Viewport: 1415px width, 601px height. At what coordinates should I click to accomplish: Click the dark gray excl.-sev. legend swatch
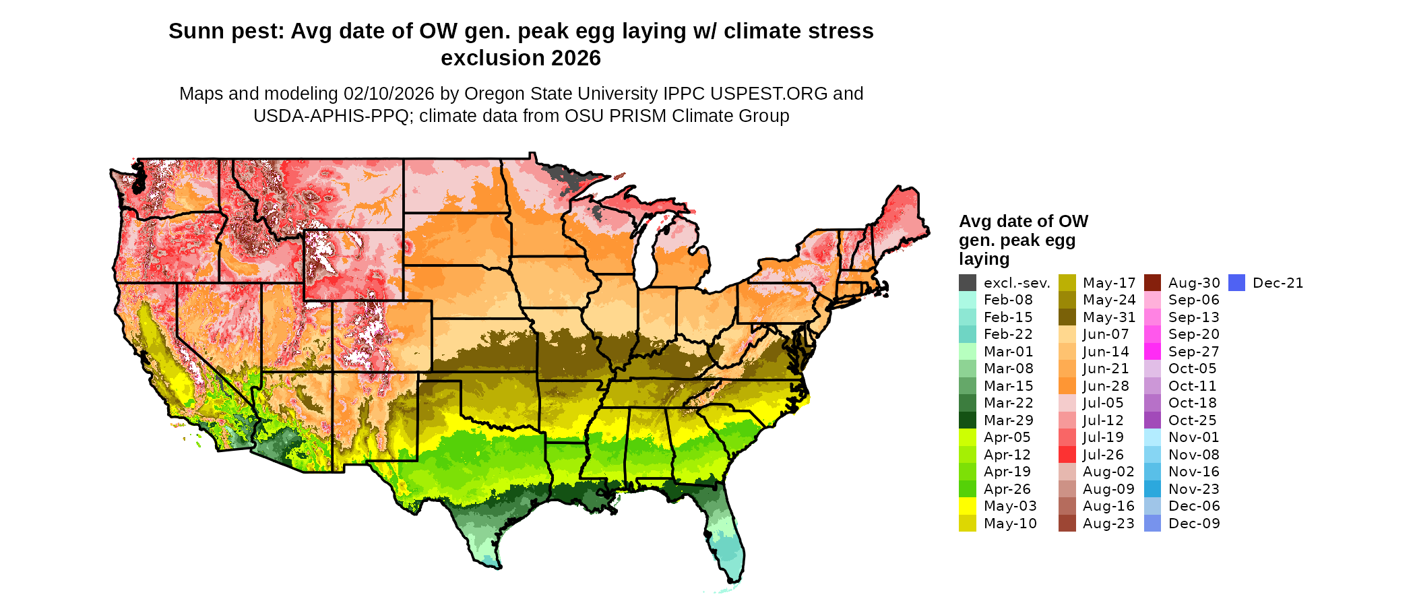pos(967,283)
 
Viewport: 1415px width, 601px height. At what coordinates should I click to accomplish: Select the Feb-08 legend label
pos(1007,300)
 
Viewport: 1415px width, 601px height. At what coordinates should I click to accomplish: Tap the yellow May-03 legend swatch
pos(967,506)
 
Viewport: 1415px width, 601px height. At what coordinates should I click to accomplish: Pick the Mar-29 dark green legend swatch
pos(967,420)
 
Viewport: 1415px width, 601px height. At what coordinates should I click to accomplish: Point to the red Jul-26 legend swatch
pos(1067,455)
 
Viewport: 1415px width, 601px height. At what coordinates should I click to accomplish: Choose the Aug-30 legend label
pos(1193,283)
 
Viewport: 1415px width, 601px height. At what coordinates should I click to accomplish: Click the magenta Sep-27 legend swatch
pos(1152,352)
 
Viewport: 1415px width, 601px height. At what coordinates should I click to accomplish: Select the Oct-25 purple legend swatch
pos(1152,420)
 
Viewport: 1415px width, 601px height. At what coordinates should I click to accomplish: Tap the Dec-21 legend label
pos(1278,283)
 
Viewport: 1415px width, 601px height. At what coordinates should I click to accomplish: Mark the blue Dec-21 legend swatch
pos(1236,283)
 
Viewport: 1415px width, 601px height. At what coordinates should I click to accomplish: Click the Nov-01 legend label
pos(1193,437)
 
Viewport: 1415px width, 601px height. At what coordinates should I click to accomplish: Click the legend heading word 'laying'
pos(984,259)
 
